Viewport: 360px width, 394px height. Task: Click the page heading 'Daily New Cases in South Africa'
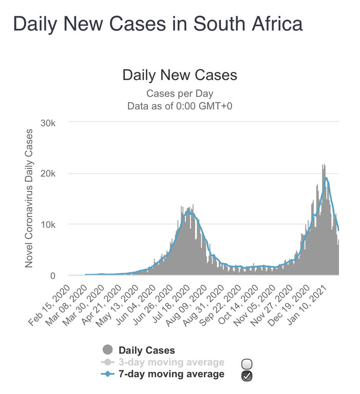pyautogui.click(x=157, y=24)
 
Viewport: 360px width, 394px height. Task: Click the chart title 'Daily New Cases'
pyautogui.click(x=180, y=75)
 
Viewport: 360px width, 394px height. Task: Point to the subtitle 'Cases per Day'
pyautogui.click(x=180, y=93)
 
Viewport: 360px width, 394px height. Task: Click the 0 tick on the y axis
pyautogui.click(x=60, y=275)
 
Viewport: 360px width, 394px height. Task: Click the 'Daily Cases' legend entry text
pyautogui.click(x=147, y=350)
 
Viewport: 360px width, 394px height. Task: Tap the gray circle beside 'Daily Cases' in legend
pyautogui.click(x=107, y=350)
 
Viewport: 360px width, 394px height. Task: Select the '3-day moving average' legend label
pyautogui.click(x=172, y=362)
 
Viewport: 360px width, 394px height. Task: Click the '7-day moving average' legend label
pyautogui.click(x=172, y=374)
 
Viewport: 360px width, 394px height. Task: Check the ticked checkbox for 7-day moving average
pyautogui.click(x=246, y=376)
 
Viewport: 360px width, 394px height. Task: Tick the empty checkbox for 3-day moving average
pyautogui.click(x=246, y=364)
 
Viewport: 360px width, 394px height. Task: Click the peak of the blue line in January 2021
pyautogui.click(x=326, y=178)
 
